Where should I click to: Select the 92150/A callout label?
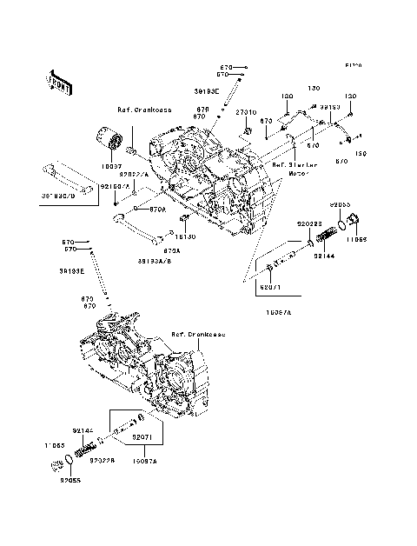(114, 187)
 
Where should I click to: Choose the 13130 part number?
(186, 236)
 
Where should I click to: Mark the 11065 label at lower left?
(55, 445)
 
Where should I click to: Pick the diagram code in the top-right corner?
(352, 65)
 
